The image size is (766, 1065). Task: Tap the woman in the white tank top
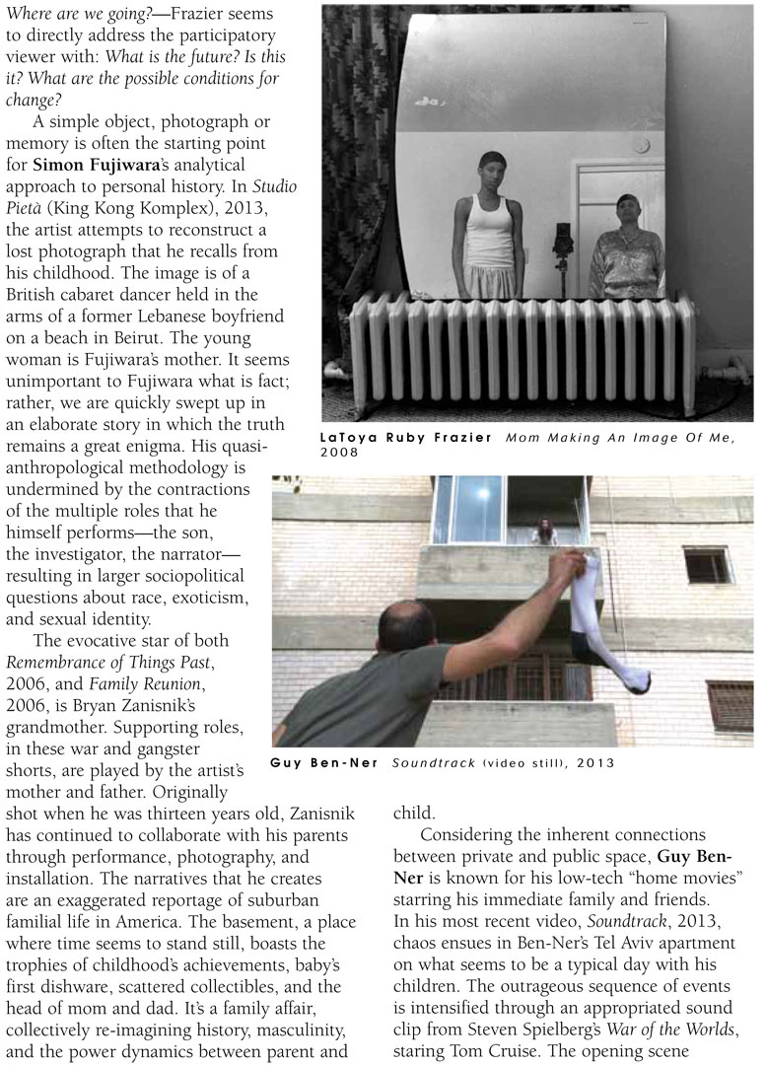[x=488, y=227]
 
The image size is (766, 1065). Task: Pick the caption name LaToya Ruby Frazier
[x=407, y=437]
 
